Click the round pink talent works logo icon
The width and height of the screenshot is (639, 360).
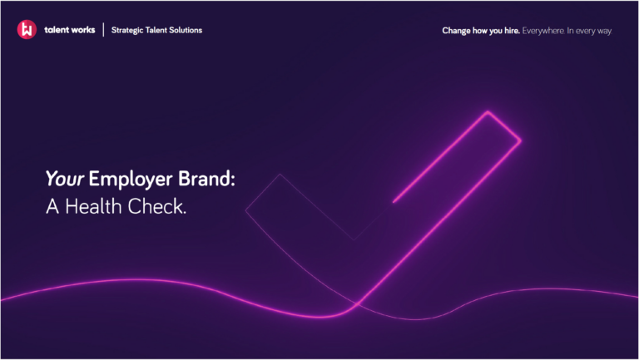(27, 29)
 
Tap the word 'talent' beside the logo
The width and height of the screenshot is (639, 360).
(56, 30)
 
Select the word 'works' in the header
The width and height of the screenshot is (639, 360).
(82, 30)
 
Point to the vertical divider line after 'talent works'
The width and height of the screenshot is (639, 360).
(103, 30)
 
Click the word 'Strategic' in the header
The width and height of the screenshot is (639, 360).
(127, 31)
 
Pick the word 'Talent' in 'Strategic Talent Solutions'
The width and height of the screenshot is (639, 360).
(156, 30)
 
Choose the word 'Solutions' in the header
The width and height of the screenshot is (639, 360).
(186, 30)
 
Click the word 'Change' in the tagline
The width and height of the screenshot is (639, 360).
(457, 31)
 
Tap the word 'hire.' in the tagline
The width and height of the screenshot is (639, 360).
(512, 31)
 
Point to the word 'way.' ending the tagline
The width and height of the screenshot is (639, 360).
(604, 32)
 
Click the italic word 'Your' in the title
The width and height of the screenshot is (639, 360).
(65, 179)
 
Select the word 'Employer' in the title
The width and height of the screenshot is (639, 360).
(131, 180)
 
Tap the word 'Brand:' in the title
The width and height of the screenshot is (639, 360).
(206, 179)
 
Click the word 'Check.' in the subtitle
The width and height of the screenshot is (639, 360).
(157, 206)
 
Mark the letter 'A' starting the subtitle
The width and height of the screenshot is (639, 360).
(52, 206)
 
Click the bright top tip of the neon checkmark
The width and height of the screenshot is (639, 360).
(488, 111)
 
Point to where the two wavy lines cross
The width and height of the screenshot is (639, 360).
(358, 303)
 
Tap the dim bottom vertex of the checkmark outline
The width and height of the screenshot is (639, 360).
(354, 239)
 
